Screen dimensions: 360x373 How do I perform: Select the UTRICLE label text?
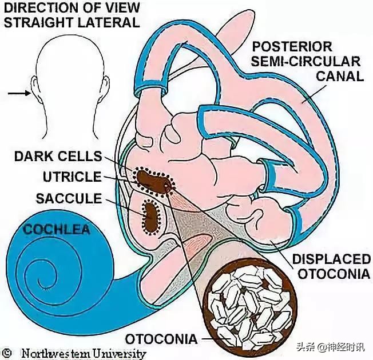72,177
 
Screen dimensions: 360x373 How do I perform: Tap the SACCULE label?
68,198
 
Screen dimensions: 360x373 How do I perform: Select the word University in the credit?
119,353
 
